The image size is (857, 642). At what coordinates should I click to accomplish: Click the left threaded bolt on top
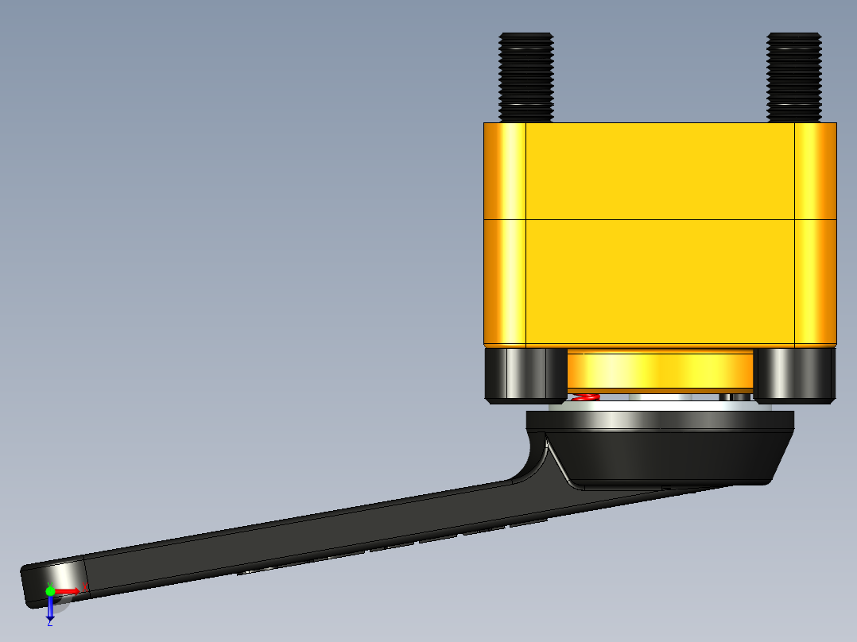pyautogui.click(x=525, y=76)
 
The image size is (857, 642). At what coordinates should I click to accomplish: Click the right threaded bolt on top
pyautogui.click(x=793, y=76)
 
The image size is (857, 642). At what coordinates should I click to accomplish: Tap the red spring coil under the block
pyautogui.click(x=586, y=396)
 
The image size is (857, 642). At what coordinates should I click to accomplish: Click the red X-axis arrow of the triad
pyautogui.click(x=68, y=590)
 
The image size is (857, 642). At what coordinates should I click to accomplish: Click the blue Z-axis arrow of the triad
pyautogui.click(x=49, y=607)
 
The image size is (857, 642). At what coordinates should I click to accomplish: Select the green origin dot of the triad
pyautogui.click(x=50, y=590)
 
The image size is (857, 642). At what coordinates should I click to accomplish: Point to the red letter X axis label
pyautogui.click(x=85, y=586)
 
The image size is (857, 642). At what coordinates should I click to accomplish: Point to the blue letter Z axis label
pyautogui.click(x=49, y=623)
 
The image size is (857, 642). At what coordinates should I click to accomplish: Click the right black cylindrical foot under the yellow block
pyautogui.click(x=794, y=374)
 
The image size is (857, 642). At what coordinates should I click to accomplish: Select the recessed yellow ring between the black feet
pyautogui.click(x=660, y=369)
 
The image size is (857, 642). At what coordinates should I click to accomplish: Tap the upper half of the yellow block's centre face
pyautogui.click(x=660, y=171)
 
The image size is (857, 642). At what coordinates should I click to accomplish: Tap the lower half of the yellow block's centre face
pyautogui.click(x=660, y=282)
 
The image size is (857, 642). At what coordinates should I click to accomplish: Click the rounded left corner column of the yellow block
pyautogui.click(x=504, y=234)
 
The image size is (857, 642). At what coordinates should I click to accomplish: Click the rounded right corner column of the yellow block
pyautogui.click(x=816, y=234)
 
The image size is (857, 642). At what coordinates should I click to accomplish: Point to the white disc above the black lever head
pyautogui.click(x=660, y=404)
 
